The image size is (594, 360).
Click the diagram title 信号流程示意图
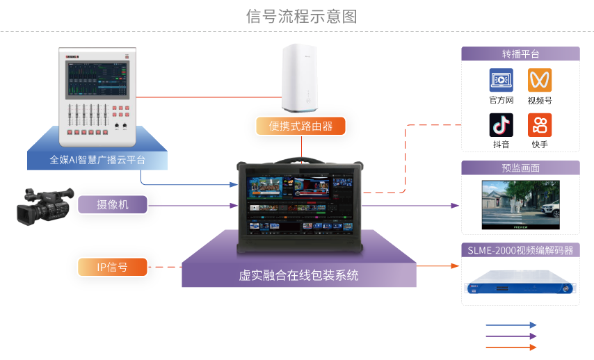[x=301, y=17]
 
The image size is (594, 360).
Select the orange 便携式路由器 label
[x=300, y=126]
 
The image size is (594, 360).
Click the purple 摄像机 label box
[x=112, y=204]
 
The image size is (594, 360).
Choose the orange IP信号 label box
[x=112, y=266]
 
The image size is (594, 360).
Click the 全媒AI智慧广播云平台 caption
[x=97, y=160]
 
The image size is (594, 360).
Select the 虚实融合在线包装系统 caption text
[x=299, y=275]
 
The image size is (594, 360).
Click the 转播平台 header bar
[x=520, y=54]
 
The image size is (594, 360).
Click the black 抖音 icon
[x=501, y=124]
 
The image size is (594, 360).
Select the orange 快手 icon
[x=539, y=124]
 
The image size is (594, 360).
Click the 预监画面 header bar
[x=520, y=168]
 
